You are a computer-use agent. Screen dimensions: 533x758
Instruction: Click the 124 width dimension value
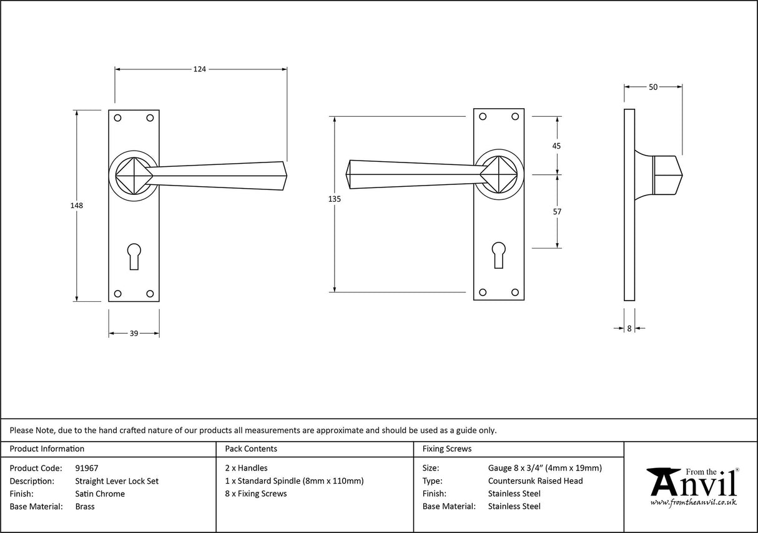(x=199, y=69)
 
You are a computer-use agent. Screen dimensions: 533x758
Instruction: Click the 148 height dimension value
(x=77, y=205)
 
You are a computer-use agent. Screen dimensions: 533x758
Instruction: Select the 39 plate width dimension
(x=134, y=334)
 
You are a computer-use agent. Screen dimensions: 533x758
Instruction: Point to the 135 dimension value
(x=335, y=199)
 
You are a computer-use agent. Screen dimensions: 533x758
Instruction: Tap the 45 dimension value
(x=557, y=146)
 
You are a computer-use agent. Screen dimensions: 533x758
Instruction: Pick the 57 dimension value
(x=557, y=212)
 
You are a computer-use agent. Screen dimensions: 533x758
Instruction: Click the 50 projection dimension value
(x=653, y=87)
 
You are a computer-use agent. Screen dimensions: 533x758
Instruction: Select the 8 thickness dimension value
(x=629, y=328)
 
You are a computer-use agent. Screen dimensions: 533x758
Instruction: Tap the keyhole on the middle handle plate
(x=498, y=254)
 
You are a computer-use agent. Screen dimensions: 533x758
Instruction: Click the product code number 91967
(x=86, y=468)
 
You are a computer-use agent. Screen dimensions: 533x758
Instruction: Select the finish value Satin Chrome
(x=100, y=494)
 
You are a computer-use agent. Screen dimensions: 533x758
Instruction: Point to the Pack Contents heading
(x=251, y=449)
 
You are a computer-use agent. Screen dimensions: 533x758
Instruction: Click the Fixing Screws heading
(x=447, y=449)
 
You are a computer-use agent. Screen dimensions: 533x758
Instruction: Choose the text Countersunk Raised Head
(x=535, y=481)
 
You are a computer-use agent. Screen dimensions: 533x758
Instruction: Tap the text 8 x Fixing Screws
(x=256, y=494)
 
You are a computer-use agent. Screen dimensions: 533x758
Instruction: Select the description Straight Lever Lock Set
(x=117, y=481)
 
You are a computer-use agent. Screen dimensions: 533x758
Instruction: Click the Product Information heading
(x=47, y=449)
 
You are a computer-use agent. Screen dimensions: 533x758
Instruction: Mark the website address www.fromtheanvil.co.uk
(x=693, y=502)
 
